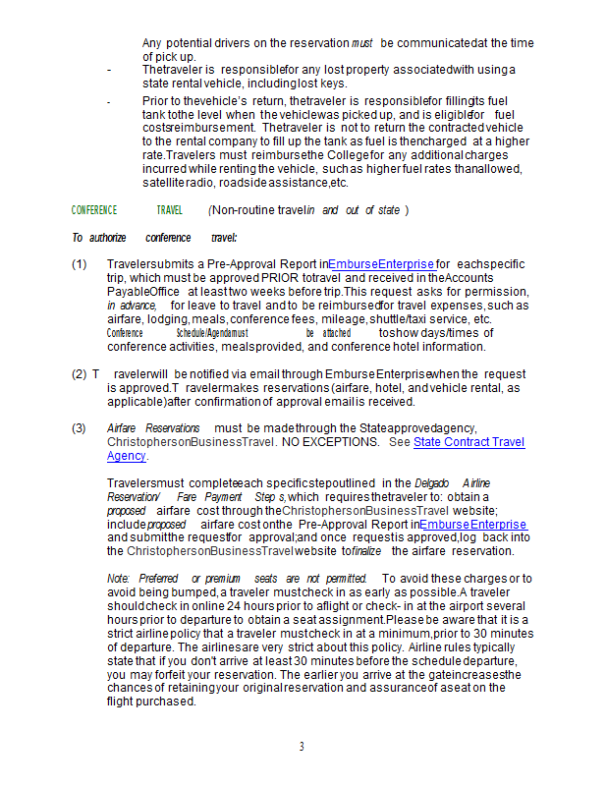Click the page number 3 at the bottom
(303, 747)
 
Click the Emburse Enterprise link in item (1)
(381, 264)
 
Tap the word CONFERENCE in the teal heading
(94, 210)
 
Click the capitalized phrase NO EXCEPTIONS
(331, 442)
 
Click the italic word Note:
(119, 578)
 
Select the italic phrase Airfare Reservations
(152, 428)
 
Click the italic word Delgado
(431, 483)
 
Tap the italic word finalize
(366, 551)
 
